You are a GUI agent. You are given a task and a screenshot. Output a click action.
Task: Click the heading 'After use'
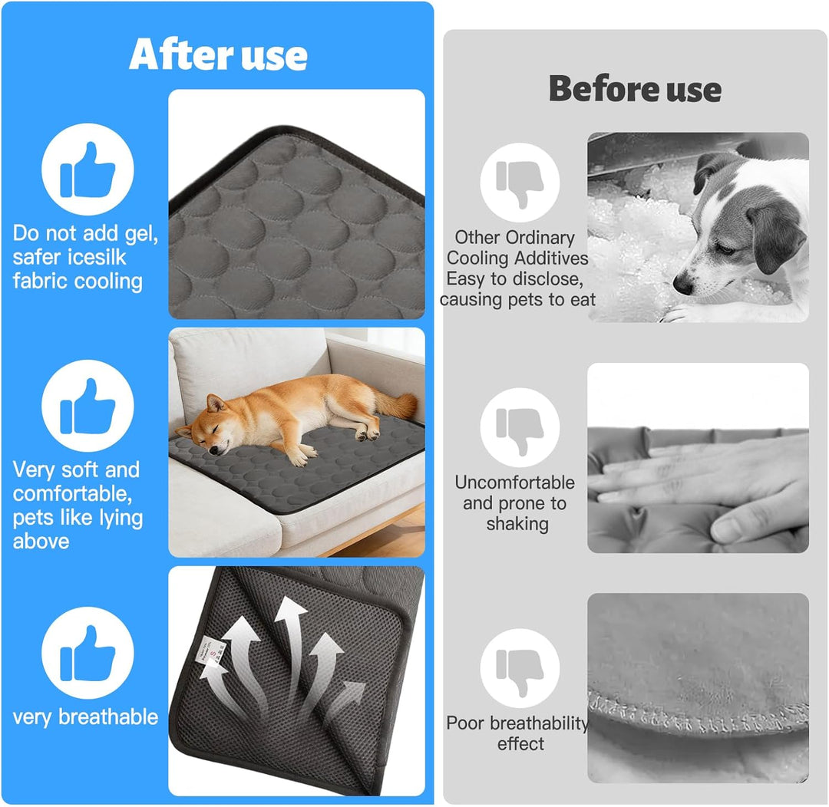click(218, 54)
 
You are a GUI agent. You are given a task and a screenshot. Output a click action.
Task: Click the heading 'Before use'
click(635, 89)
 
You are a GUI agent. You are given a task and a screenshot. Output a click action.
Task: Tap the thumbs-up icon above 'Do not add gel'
click(88, 170)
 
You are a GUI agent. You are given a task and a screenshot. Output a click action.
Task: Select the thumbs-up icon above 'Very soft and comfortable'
click(88, 406)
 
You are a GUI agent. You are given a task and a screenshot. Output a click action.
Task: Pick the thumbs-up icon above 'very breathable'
click(88, 654)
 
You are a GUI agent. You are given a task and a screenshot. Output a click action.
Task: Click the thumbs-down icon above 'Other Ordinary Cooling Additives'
click(520, 183)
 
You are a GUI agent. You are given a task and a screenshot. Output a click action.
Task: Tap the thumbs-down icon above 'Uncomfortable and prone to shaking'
click(520, 428)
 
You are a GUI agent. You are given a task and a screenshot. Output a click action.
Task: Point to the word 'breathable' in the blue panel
click(108, 716)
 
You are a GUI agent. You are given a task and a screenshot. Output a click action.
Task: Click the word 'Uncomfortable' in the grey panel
click(514, 483)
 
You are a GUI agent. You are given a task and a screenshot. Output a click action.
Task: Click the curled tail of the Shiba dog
click(397, 404)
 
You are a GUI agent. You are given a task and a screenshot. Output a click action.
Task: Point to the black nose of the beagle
click(682, 285)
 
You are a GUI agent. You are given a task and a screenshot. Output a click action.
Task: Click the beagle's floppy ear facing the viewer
click(775, 238)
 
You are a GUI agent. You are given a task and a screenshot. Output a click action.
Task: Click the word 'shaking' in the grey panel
click(517, 524)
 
